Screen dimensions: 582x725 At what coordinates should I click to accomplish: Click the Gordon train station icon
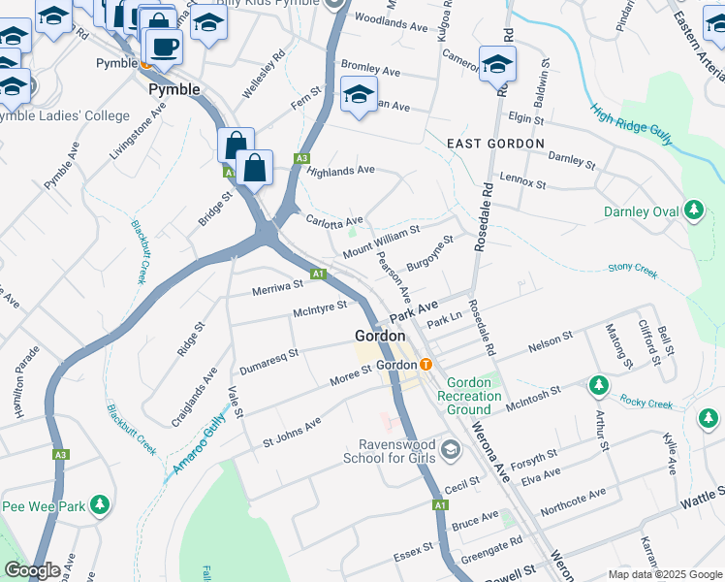pyautogui.click(x=426, y=365)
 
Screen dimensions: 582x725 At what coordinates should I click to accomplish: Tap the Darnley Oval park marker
pyautogui.click(x=693, y=210)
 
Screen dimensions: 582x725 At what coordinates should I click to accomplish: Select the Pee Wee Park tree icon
pyautogui.click(x=99, y=505)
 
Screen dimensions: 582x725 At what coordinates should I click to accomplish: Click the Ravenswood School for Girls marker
pyautogui.click(x=450, y=450)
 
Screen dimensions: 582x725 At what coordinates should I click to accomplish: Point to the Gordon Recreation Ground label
pyautogui.click(x=469, y=396)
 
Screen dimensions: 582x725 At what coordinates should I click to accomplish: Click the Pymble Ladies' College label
pyautogui.click(x=64, y=116)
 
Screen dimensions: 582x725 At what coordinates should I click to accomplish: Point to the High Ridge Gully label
pyautogui.click(x=631, y=124)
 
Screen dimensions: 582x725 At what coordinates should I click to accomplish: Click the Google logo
pyautogui.click(x=31, y=570)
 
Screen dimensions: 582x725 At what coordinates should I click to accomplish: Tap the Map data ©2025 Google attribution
pyautogui.click(x=666, y=574)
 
